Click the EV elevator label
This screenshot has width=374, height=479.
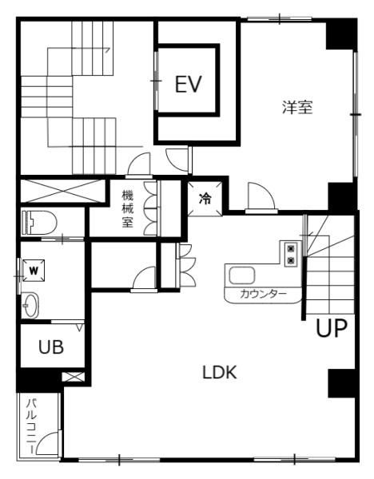tap(189, 84)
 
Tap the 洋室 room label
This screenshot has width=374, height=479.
tap(297, 107)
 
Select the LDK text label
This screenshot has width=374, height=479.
tap(220, 373)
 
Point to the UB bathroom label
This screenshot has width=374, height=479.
tap(51, 346)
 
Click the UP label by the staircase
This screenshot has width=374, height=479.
tap(332, 328)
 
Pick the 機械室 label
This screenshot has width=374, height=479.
tap(128, 208)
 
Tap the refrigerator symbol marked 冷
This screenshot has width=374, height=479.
tap(205, 199)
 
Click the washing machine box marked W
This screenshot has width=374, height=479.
tap(34, 271)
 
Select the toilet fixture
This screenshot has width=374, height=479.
tap(39, 223)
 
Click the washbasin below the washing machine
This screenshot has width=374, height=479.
tap(30, 305)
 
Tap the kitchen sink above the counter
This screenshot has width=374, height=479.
tap(242, 275)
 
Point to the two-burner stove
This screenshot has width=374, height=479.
tap(291, 254)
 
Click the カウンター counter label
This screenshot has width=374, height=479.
tap(263, 294)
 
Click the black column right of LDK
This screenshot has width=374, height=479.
tap(341, 383)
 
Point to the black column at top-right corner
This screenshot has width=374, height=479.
tap(341, 34)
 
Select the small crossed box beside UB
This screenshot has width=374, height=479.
tap(73, 377)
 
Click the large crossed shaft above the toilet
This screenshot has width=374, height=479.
tap(62, 191)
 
